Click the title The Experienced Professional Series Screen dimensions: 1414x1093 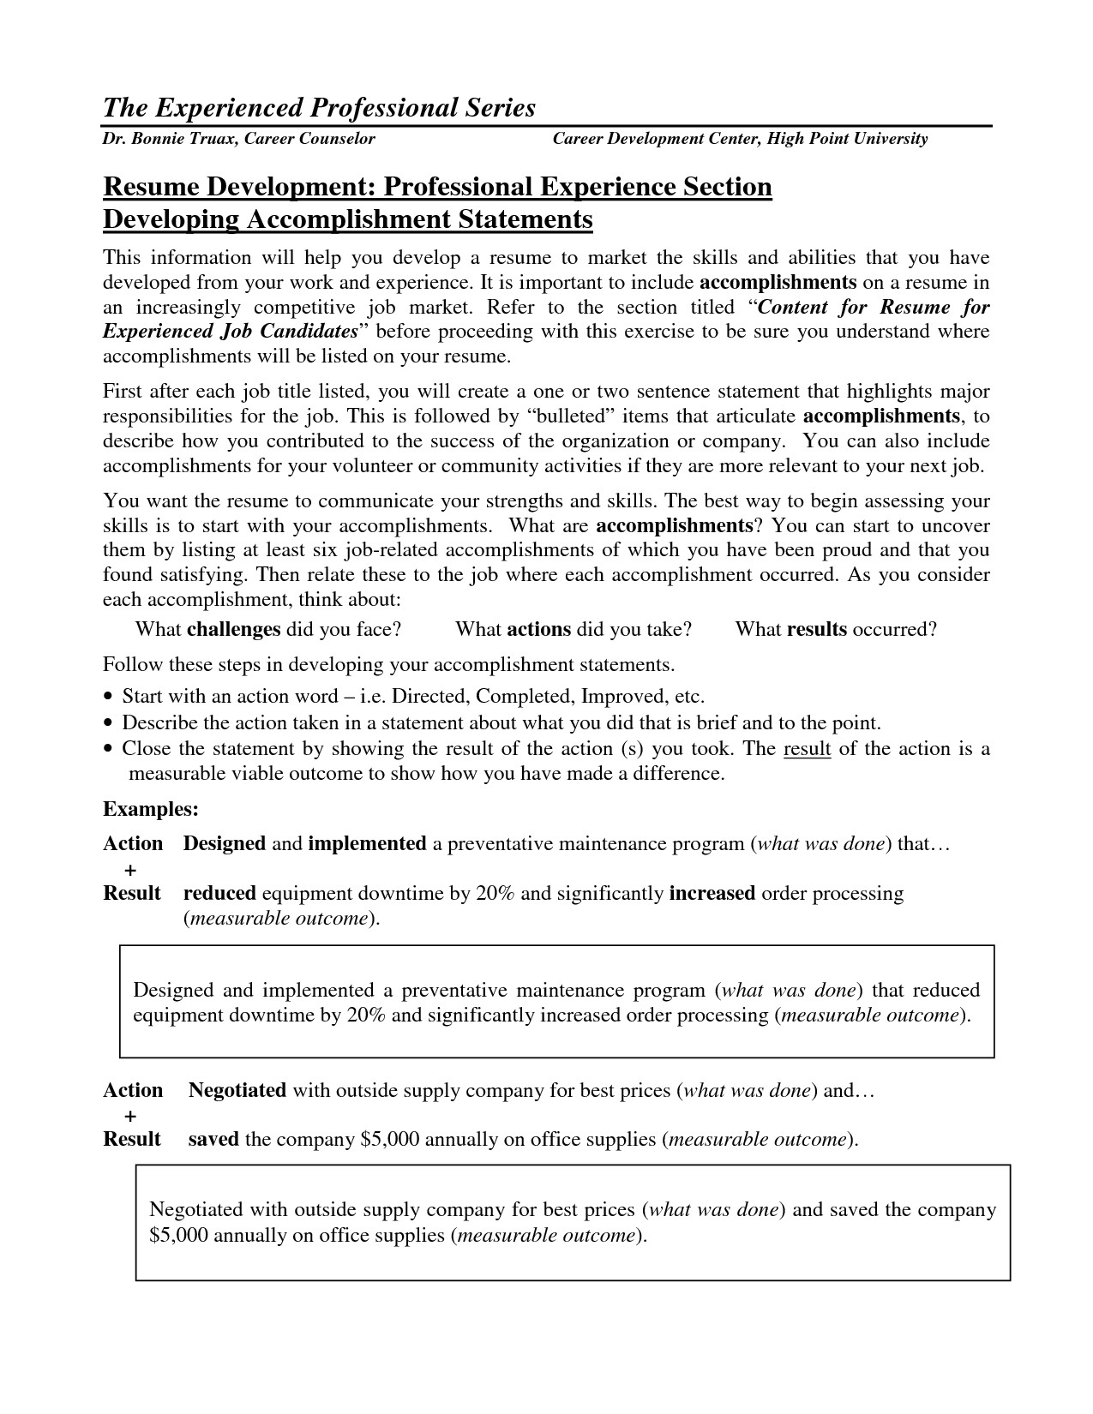coord(319,108)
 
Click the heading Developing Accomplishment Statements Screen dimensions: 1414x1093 coord(347,219)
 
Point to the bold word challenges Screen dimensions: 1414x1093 coord(233,630)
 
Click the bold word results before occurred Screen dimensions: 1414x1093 coord(816,630)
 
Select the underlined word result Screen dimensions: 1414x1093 coord(807,749)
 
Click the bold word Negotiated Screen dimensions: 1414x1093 coord(237,1091)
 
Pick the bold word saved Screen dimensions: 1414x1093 coord(213,1140)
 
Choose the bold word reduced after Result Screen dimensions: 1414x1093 coord(219,894)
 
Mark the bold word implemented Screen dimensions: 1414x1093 coord(367,844)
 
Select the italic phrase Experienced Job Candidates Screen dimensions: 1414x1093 coord(230,332)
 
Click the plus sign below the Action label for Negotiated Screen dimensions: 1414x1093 coord(130,1116)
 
